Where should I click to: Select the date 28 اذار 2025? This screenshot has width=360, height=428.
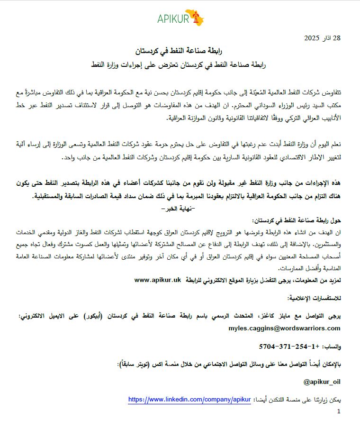322,37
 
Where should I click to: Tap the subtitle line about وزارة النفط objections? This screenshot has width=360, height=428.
180,63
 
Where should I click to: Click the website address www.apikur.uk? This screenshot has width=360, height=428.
158,280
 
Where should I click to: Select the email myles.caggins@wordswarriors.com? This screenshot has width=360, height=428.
284,328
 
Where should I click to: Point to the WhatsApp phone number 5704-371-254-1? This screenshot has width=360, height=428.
286,346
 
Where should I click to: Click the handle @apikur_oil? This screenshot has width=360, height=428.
322,382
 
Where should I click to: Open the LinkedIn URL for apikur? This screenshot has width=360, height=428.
189,400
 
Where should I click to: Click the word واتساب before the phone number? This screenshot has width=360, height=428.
332,347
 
